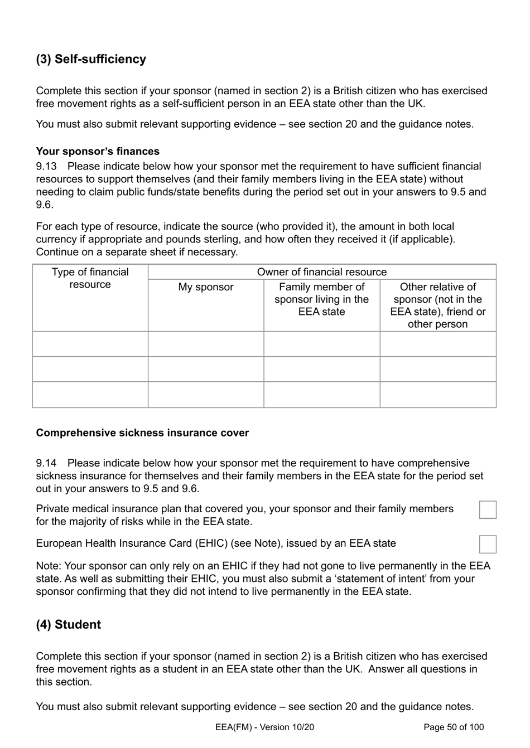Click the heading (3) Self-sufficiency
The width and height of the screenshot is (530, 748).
coord(91,59)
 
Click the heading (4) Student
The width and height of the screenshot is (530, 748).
coord(69,624)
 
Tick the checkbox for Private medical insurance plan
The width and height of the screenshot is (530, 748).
coord(488,509)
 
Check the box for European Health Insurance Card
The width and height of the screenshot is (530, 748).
coord(488,544)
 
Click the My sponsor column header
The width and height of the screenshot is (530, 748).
coord(206,287)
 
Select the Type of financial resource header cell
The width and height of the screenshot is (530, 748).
coord(90,278)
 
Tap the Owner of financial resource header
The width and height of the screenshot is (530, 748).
coord(322,272)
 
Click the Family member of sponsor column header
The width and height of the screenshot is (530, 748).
coord(322,299)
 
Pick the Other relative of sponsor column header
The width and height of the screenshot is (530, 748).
coord(438,305)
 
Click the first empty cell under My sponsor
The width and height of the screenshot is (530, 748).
coord(206,344)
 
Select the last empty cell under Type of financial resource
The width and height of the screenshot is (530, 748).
coord(90,395)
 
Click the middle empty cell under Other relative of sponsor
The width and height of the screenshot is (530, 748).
coord(438,369)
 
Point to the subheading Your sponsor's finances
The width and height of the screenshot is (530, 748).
coord(98,152)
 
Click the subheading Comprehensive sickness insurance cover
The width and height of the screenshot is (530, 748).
coord(142,433)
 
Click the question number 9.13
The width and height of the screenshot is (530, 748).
coord(46,166)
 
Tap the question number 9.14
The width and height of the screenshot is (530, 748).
coord(46,463)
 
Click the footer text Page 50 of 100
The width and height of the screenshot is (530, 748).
coord(454,727)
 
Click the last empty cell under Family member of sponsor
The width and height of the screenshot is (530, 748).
coord(322,395)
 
